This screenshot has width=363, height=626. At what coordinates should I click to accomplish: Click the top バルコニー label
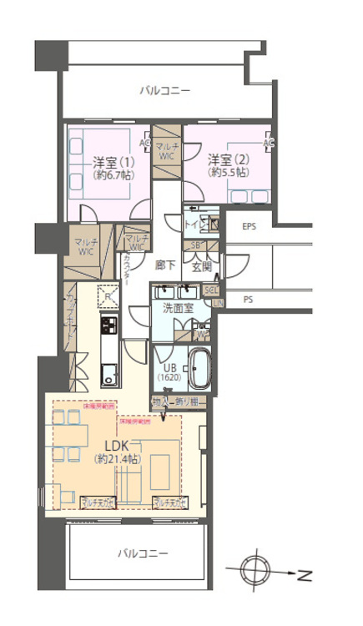click(x=164, y=89)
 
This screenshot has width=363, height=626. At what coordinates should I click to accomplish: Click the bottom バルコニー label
click(x=143, y=553)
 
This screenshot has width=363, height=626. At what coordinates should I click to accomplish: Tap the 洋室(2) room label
click(x=225, y=159)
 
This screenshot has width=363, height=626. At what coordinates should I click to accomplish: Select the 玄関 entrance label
click(x=202, y=267)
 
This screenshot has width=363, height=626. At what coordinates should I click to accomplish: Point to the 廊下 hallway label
click(x=165, y=265)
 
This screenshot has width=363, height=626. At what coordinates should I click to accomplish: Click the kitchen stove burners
click(x=109, y=322)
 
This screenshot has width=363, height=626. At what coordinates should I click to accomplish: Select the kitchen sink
click(x=108, y=372)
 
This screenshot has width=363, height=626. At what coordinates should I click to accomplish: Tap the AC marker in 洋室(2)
click(x=268, y=143)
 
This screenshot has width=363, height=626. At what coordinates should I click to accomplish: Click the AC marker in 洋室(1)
click(x=145, y=143)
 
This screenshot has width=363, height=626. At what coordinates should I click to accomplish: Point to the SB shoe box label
click(x=195, y=245)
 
